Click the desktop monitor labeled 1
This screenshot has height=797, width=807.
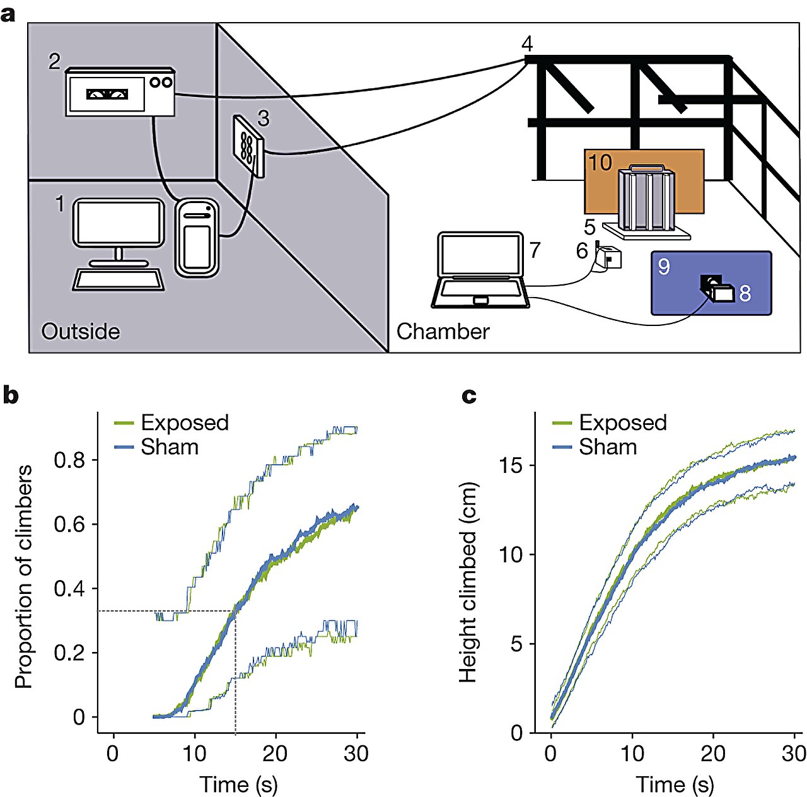pyautogui.click(x=119, y=223)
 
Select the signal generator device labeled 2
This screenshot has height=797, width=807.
pyautogui.click(x=120, y=92)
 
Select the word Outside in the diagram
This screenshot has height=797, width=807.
pyautogui.click(x=80, y=332)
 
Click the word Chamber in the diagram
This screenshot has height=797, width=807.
pyautogui.click(x=443, y=332)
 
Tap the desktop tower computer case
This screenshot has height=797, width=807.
pyautogui.click(x=197, y=238)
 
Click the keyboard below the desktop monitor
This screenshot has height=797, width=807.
pyautogui.click(x=119, y=279)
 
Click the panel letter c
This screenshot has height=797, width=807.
pyautogui.click(x=468, y=395)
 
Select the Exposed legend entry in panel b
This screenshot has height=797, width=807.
pyautogui.click(x=184, y=422)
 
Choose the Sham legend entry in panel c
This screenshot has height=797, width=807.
pyautogui.click(x=608, y=447)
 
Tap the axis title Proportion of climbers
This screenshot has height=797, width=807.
pyautogui.click(x=23, y=577)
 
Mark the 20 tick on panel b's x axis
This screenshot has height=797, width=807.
pyautogui.click(x=275, y=753)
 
